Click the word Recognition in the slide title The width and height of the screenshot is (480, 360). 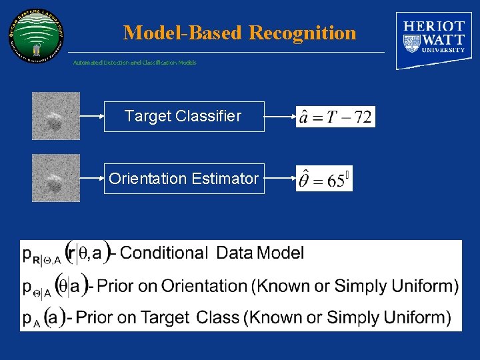coord(303,33)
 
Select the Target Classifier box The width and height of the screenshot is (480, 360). coord(183,117)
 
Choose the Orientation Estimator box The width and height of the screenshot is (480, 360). coord(183,179)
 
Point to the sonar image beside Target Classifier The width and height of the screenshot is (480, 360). coord(56,116)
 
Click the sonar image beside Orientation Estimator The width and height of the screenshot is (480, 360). coord(56,178)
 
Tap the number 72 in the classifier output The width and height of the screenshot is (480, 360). coord(363,117)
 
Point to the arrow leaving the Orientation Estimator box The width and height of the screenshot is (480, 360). coord(280,179)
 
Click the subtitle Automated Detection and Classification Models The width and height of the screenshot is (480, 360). coord(135,63)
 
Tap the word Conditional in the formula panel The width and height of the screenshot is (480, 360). coord(164,253)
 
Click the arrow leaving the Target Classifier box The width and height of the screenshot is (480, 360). coord(280,117)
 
